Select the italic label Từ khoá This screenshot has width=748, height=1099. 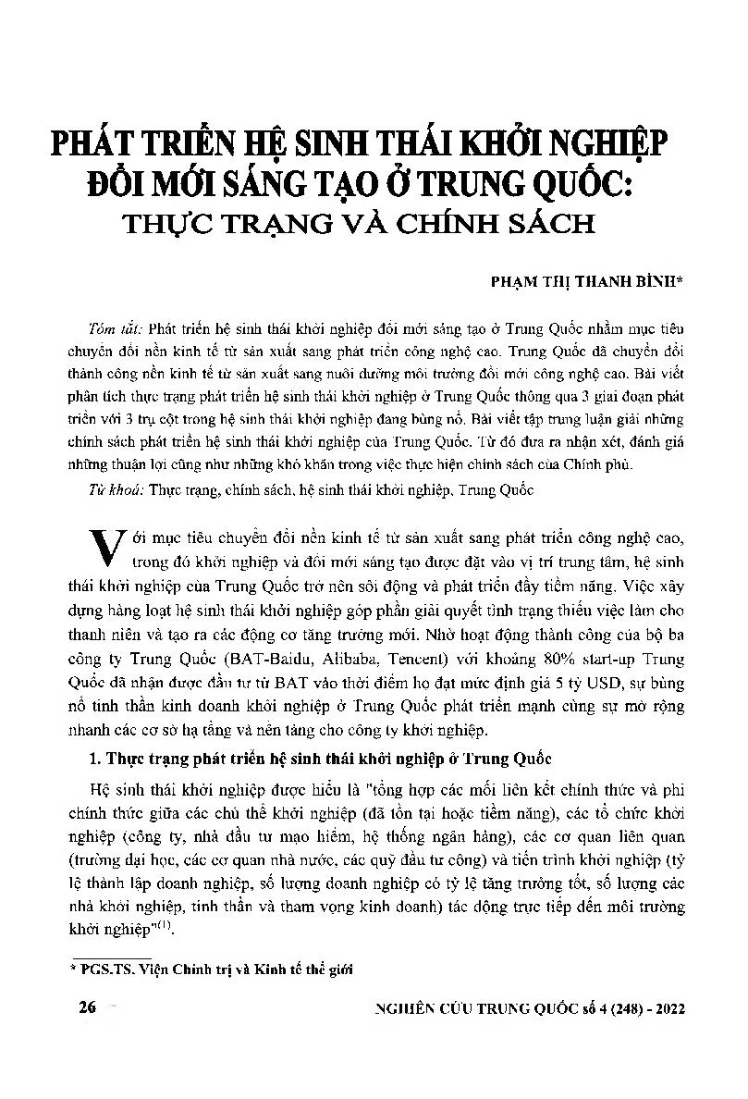(116, 490)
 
